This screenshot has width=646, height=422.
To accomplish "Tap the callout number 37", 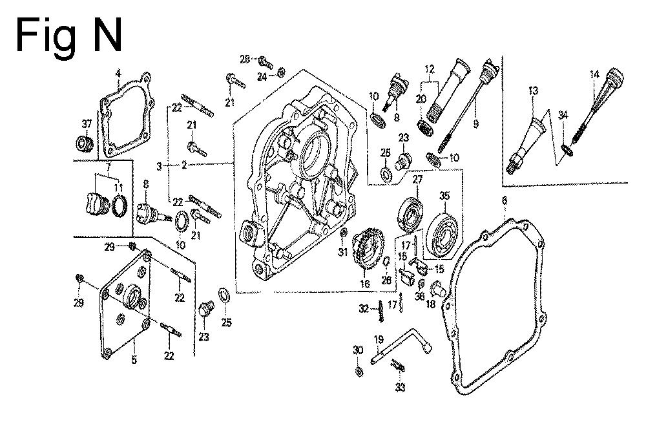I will click(87, 123).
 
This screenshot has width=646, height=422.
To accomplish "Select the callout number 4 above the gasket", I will click(118, 73).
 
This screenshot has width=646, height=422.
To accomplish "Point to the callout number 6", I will click(504, 202).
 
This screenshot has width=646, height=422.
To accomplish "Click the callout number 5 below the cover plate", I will click(134, 360).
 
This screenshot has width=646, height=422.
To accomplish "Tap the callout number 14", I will click(594, 75).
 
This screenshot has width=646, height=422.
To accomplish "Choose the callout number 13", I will click(533, 91).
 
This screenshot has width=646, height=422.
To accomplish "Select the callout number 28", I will click(245, 59).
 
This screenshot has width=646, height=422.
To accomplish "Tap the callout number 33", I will click(400, 388).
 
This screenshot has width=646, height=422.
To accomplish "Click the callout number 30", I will click(359, 350).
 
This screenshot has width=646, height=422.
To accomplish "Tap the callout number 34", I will click(563, 115).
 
